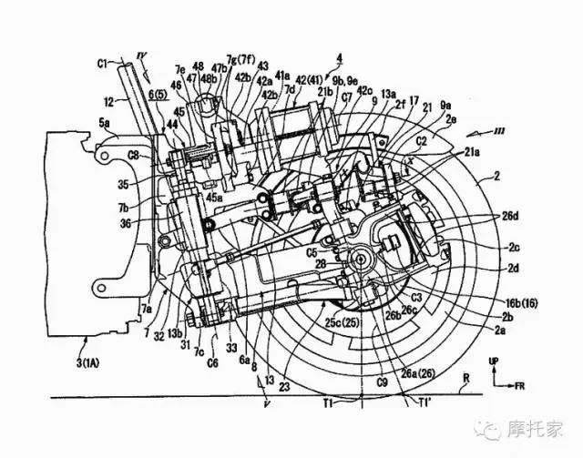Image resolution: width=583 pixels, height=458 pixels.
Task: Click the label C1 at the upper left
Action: click(x=103, y=63)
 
